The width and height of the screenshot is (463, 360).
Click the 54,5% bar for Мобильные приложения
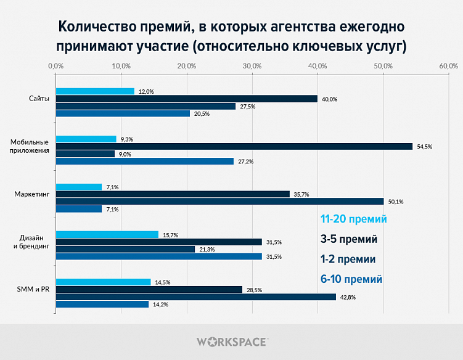point(234,146)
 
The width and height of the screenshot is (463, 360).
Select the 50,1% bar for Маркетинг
point(219,202)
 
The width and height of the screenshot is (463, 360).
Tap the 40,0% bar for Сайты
point(187,99)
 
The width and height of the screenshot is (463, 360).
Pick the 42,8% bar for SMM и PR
point(196,297)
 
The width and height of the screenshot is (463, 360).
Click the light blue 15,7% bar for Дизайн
point(107,234)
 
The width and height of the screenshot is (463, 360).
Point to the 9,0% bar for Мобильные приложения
point(85,153)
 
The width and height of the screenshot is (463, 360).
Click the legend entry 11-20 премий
point(353,219)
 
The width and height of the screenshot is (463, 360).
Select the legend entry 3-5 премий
point(349,239)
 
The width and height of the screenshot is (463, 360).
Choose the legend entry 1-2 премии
point(349,258)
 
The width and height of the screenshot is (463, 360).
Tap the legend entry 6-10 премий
point(351,279)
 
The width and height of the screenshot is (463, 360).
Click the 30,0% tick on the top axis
point(252,65)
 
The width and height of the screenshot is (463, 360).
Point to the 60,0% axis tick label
point(448,65)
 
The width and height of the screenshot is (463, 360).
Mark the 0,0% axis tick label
point(55,65)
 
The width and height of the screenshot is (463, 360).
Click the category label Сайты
point(39,99)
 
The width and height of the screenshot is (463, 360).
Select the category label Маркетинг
point(32,194)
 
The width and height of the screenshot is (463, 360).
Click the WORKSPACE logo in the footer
point(231,341)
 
